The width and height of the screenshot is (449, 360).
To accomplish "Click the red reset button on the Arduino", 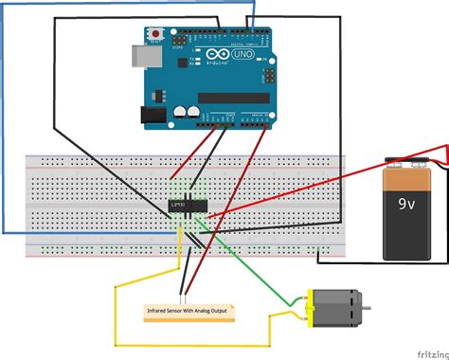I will (x=154, y=36).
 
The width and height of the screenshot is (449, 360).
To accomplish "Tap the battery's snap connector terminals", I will (x=399, y=162).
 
